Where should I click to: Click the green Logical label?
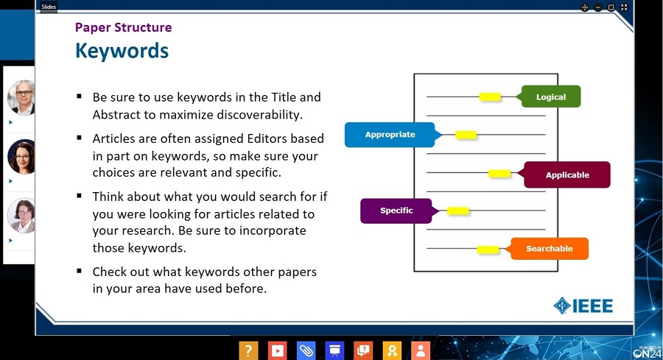(550, 96)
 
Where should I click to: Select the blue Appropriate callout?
(390, 135)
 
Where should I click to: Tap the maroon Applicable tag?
(566, 175)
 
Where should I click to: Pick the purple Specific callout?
(396, 211)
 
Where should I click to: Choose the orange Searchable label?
(550, 248)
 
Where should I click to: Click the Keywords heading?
(122, 51)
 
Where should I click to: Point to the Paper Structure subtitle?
(124, 27)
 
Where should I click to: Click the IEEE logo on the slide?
(583, 306)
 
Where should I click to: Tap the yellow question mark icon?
(248, 350)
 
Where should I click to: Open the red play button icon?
(278, 350)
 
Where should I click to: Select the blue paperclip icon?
(306, 350)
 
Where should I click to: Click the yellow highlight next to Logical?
(490, 96)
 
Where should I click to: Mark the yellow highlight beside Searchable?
(488, 250)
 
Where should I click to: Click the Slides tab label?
(49, 7)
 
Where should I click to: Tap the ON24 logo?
(648, 353)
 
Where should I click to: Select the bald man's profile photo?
(21, 97)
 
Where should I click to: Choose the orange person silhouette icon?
(421, 350)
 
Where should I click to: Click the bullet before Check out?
(79, 270)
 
